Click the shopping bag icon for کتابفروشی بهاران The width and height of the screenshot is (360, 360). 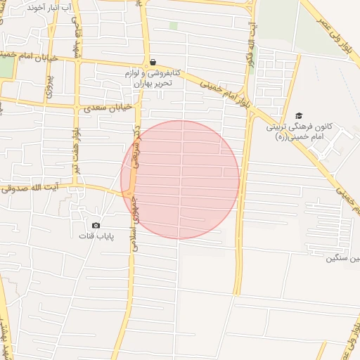point(153,62)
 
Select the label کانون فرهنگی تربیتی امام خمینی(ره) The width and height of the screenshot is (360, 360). point(298,133)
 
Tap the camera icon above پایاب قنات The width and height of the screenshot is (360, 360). point(96,225)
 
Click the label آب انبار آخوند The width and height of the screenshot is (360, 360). point(51,7)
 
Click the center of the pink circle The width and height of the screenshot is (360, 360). point(180,179)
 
